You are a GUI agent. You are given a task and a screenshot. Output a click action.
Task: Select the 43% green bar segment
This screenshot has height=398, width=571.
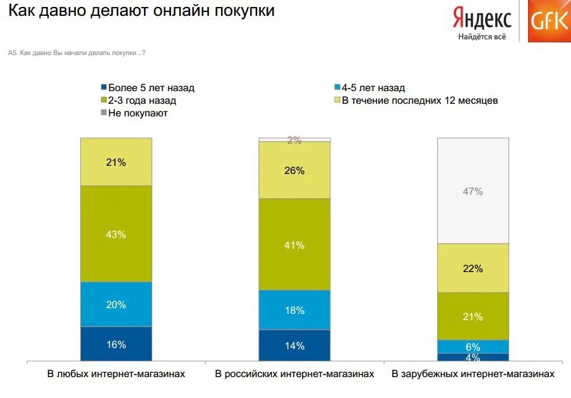[x=116, y=233]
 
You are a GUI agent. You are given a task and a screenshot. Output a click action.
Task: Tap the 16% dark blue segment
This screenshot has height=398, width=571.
[x=116, y=344]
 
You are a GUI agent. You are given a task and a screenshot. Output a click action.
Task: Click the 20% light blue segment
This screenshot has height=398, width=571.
[x=116, y=304]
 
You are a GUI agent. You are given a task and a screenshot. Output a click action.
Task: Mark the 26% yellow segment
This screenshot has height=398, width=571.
[x=294, y=170]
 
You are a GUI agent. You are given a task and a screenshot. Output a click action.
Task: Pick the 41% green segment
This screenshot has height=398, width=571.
[x=294, y=244]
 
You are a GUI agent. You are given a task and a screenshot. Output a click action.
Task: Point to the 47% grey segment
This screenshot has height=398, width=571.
[x=473, y=190]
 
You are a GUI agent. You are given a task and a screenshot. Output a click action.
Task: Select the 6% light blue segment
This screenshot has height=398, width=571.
[x=473, y=346]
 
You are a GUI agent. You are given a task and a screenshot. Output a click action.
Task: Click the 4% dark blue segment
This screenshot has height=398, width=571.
[x=473, y=357]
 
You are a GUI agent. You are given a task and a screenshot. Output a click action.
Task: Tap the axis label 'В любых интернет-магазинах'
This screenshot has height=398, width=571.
[x=116, y=374]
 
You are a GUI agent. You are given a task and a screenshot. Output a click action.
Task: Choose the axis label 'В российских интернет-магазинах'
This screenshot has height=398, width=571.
[x=294, y=374]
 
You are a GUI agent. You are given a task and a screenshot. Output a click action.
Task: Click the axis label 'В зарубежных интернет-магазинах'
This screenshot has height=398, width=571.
[x=473, y=374]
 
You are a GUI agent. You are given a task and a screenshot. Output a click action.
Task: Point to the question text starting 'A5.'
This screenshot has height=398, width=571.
[x=77, y=53]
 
